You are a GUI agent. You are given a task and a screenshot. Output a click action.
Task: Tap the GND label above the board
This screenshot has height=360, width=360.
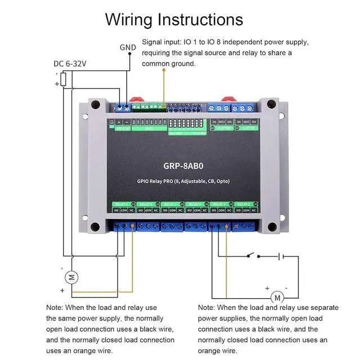tap(128, 48)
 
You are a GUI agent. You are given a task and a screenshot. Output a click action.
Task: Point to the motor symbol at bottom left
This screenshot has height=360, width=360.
tap(71, 276)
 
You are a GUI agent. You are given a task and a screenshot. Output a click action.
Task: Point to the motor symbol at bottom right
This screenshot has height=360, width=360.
tap(276, 296)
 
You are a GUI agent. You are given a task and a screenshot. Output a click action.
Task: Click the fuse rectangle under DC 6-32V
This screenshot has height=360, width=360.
tap(63, 80)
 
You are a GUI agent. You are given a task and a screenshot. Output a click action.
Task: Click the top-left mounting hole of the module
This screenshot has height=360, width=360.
tap(95, 105)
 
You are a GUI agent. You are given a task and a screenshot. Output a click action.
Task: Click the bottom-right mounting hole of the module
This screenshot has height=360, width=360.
tap(272, 227)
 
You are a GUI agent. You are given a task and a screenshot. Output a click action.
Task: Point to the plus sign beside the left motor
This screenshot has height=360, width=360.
tap(62, 291)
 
